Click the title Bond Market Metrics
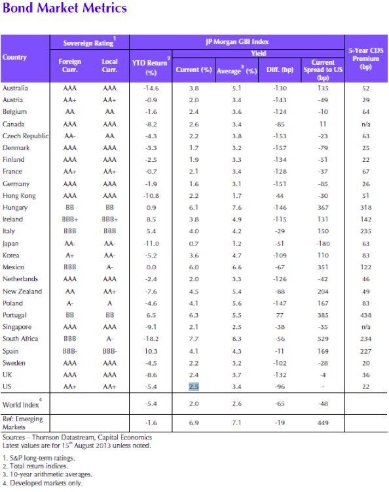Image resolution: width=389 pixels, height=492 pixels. [65, 8]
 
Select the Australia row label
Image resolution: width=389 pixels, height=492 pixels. [15, 88]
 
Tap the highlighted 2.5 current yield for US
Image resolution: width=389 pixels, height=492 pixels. [194, 387]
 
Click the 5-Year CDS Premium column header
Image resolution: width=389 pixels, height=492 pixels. [366, 59]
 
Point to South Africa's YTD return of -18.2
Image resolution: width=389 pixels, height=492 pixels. [151, 339]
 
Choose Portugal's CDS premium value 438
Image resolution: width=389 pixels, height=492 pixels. [366, 315]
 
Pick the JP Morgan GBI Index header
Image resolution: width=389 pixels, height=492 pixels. [237, 42]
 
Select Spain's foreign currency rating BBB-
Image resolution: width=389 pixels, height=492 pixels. [69, 351]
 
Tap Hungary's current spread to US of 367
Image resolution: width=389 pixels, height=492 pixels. [323, 208]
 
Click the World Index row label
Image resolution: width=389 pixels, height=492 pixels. [22, 404]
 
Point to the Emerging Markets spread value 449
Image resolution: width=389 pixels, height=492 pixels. [323, 423]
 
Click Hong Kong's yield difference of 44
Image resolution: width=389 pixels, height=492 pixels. [280, 196]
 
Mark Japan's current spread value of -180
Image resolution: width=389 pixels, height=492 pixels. [323, 244]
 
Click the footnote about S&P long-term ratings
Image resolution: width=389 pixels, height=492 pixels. [39, 458]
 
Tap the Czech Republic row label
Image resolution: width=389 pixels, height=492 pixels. [26, 136]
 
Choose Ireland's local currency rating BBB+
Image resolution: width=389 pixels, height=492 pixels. [109, 219]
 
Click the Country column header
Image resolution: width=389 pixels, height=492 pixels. [14, 57]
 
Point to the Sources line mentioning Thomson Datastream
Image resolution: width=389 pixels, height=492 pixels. [77, 437]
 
